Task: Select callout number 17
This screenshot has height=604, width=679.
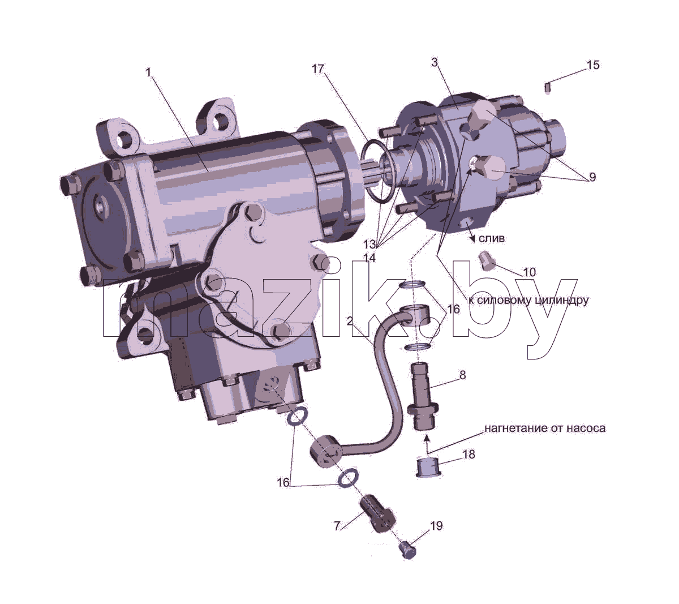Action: (318, 68)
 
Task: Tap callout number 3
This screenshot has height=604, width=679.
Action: (435, 62)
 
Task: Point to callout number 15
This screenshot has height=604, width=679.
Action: (593, 65)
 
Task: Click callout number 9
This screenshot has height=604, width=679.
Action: (592, 177)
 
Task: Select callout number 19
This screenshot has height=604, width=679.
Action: (436, 526)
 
